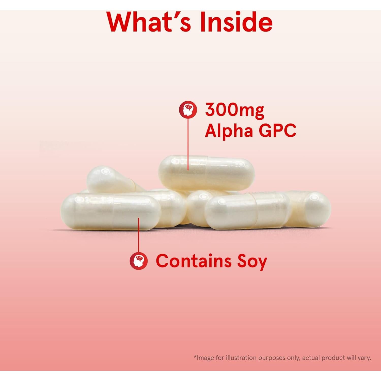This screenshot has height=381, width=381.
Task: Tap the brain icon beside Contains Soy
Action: pyautogui.click(x=139, y=261)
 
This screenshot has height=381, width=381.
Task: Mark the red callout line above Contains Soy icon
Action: pyautogui.click(x=139, y=236)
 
